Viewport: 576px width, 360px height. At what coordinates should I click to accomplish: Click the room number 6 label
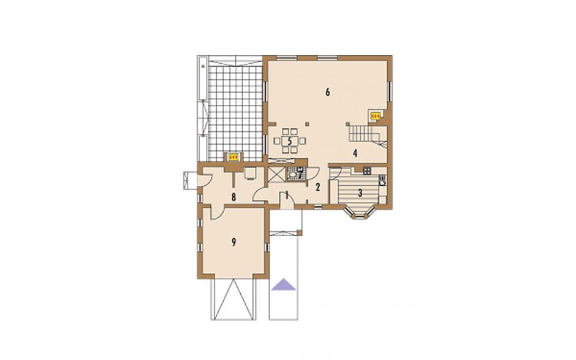pyautogui.click(x=328, y=92)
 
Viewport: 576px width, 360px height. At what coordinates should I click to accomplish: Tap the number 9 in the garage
pyautogui.click(x=233, y=242)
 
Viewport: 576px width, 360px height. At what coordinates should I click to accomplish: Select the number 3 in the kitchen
pyautogui.click(x=360, y=193)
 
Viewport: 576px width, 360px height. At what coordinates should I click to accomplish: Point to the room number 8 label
pyautogui.click(x=233, y=197)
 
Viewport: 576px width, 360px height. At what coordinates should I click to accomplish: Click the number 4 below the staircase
pyautogui.click(x=355, y=153)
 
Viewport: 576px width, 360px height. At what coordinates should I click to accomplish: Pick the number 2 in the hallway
pyautogui.click(x=318, y=187)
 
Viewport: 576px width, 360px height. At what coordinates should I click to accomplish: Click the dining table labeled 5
pyautogui.click(x=290, y=140)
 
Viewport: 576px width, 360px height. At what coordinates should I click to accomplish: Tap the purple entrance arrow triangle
pyautogui.click(x=284, y=284)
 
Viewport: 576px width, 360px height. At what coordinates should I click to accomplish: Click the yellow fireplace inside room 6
pyautogui.click(x=376, y=116)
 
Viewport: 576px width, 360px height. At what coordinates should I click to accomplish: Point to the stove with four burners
pyautogui.click(x=366, y=170)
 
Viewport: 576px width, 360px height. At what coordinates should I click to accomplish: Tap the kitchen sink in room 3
pyautogui.click(x=382, y=180)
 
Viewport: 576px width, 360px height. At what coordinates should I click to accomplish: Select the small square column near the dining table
pyautogui.click(x=308, y=124)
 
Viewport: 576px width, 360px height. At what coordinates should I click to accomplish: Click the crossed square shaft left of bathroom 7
pyautogui.click(x=276, y=174)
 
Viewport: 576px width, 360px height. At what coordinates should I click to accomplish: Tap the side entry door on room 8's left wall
pyautogui.click(x=203, y=180)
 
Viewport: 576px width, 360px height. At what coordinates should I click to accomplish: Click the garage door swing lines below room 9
pyautogui.click(x=232, y=299)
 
